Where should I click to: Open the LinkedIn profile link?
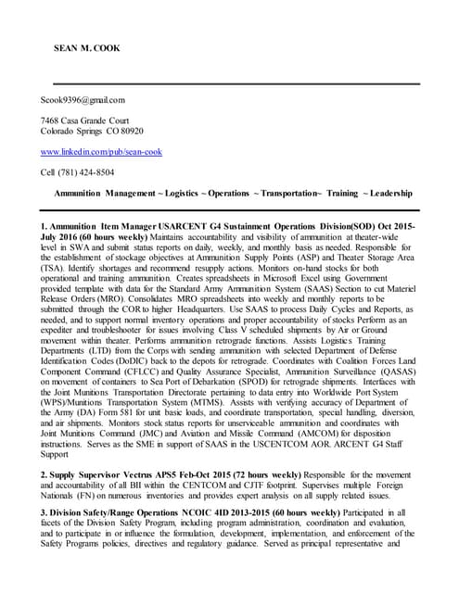pos(101,151)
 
